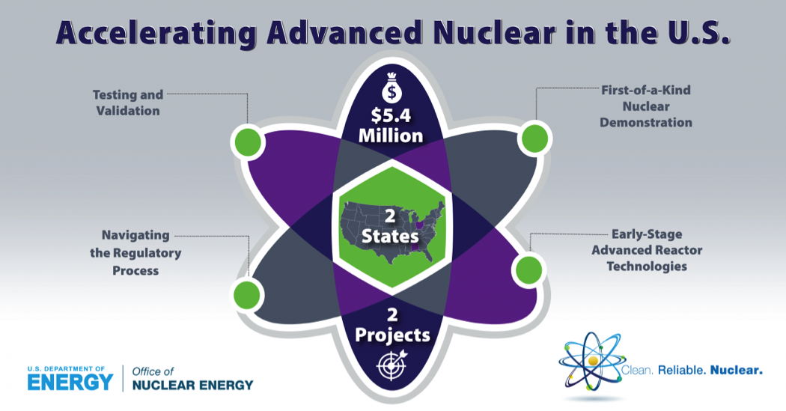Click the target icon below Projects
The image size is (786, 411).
[x=392, y=365]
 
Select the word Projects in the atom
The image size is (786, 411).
[x=392, y=335]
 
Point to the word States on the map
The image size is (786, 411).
[x=390, y=236]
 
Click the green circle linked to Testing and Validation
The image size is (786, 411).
[x=248, y=141]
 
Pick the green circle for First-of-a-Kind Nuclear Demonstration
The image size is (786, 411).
[x=535, y=138]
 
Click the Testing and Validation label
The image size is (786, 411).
[x=128, y=103]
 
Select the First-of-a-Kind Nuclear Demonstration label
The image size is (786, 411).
[x=646, y=106]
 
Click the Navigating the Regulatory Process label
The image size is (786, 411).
[x=135, y=253]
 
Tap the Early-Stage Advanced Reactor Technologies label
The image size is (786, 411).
[x=647, y=250]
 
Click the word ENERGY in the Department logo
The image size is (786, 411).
[x=70, y=383]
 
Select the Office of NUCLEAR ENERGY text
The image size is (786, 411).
[x=192, y=378]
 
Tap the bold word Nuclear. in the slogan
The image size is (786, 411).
[x=737, y=371]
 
